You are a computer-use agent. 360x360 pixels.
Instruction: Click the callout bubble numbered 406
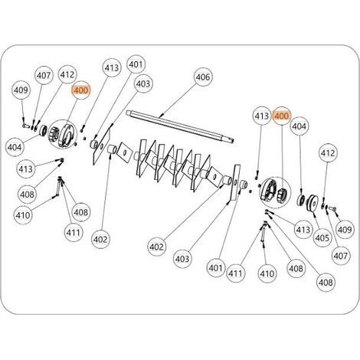pyautogui.click(x=203, y=77)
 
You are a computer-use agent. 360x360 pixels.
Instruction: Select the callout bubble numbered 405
pyautogui.click(x=322, y=237)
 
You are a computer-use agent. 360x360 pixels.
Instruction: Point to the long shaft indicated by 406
pyautogui.click(x=180, y=126)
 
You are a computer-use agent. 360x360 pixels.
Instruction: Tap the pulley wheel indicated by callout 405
pyautogui.click(x=312, y=202)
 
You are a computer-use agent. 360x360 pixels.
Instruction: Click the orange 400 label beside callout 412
pyautogui.click(x=81, y=90)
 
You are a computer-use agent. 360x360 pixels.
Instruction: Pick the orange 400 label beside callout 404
pyautogui.click(x=281, y=116)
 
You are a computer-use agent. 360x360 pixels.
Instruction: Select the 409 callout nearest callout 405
pyautogui.click(x=345, y=230)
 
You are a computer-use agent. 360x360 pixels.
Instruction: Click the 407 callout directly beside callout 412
pyautogui.click(x=44, y=76)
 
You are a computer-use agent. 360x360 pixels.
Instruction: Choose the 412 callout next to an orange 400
pyautogui.click(x=67, y=74)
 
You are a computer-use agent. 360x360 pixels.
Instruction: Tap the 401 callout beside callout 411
pyautogui.click(x=216, y=268)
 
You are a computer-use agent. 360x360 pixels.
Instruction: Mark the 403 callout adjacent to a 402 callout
pyautogui.click(x=182, y=259)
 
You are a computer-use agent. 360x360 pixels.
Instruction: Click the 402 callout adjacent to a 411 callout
pyautogui.click(x=100, y=239)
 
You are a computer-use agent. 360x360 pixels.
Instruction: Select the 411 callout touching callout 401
pyautogui.click(x=235, y=273)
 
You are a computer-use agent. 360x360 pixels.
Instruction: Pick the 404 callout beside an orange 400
pyautogui.click(x=299, y=126)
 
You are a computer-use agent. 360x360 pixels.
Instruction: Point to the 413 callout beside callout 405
pyautogui.click(x=303, y=230)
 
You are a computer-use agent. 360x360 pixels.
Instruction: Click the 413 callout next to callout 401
pyautogui.click(x=112, y=67)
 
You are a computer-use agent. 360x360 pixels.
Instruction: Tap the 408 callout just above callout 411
pyautogui.click(x=80, y=212)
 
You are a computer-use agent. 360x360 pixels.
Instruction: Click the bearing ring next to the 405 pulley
pyautogui.click(x=300, y=199)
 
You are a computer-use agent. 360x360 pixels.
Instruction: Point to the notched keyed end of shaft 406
pyautogui.click(x=231, y=139)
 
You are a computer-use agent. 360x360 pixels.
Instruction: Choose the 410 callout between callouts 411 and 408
pyautogui.click(x=267, y=273)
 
